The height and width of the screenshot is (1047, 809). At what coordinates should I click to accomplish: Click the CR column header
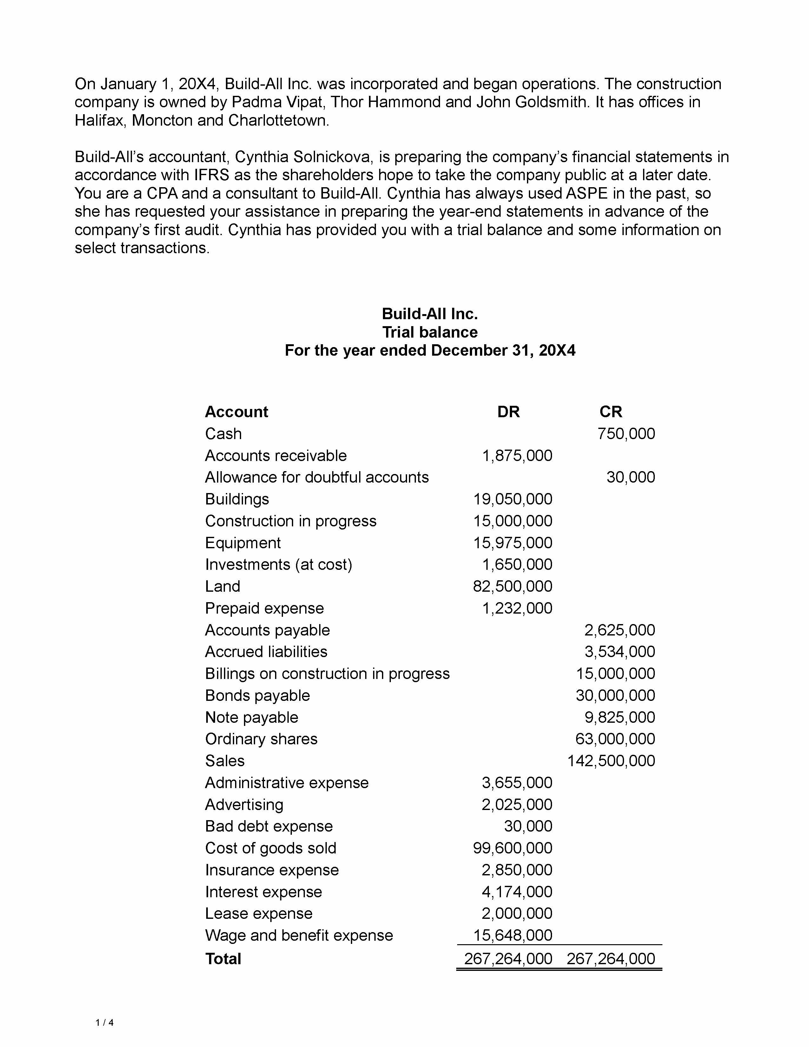point(611,412)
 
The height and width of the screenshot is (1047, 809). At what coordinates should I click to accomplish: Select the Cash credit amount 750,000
point(626,434)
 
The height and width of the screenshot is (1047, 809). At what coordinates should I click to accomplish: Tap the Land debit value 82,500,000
point(512,586)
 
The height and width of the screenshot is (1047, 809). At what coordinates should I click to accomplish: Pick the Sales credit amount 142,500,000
point(611,761)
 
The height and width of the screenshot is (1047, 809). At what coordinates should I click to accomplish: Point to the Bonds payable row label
point(257,695)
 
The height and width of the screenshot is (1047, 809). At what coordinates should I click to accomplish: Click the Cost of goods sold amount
point(512,848)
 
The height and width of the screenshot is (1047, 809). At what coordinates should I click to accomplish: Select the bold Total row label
point(223,959)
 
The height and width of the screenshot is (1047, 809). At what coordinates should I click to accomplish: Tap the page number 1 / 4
point(104,1023)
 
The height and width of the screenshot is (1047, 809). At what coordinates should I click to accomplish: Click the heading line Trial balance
point(430,332)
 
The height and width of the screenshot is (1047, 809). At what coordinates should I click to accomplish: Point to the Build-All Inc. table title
point(430,314)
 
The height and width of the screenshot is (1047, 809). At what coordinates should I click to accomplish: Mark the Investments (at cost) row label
point(279,565)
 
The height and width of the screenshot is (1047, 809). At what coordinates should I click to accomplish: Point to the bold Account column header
point(236,412)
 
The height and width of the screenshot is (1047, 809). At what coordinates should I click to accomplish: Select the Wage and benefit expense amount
point(513,935)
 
